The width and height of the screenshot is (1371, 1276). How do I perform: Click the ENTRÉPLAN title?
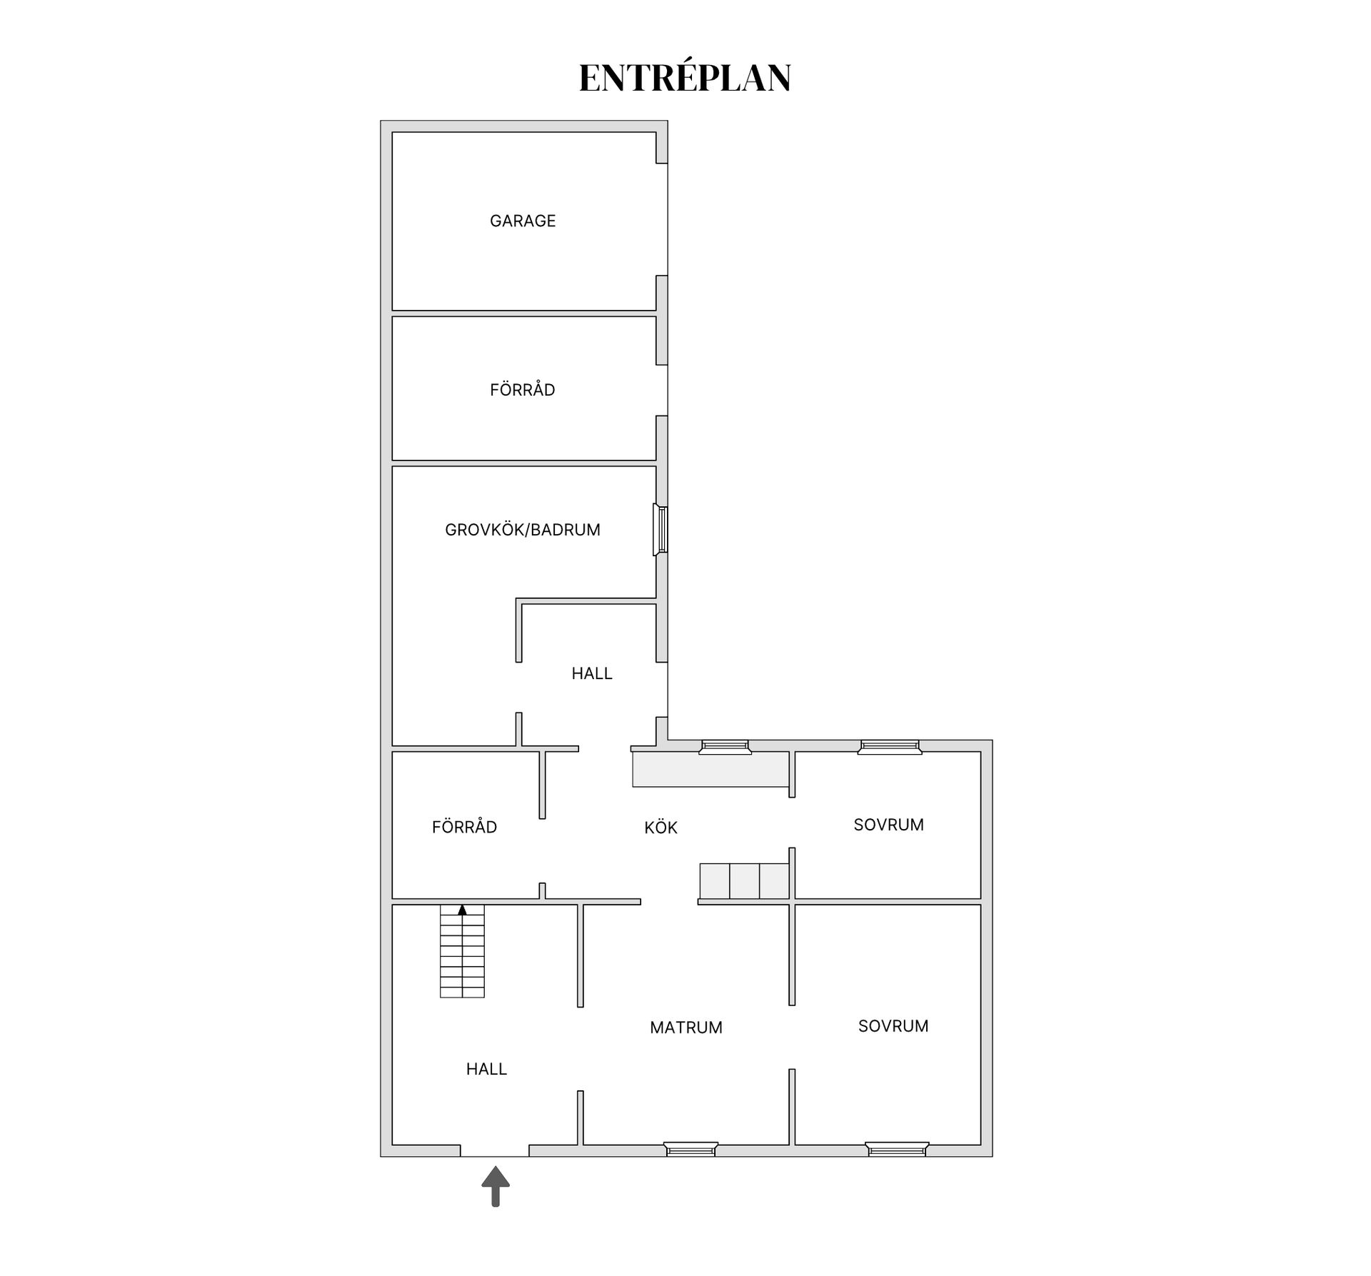685,78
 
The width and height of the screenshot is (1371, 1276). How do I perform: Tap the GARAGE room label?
523,221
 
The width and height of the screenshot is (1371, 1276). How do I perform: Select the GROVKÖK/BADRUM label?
523,530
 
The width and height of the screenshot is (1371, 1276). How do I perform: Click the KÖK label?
661,828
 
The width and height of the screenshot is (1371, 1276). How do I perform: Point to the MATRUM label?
686,1028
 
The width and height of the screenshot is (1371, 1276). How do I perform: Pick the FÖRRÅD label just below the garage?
523,389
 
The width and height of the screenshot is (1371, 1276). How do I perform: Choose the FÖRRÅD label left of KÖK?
464,826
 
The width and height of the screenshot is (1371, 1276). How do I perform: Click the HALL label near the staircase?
486,1069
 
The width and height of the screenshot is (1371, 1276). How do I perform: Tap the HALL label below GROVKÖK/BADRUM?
592,673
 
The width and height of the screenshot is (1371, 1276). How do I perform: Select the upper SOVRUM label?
889,825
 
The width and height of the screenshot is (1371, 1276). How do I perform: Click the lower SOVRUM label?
893,1026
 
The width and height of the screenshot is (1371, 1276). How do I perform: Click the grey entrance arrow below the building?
496,1187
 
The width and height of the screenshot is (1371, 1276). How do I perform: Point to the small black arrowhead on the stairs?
462,910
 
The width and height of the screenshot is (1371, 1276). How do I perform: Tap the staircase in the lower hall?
462,951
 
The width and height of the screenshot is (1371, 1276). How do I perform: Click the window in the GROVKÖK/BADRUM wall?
661,530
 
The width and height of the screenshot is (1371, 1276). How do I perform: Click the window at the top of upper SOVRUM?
890,747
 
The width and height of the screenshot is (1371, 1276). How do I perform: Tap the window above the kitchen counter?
725,747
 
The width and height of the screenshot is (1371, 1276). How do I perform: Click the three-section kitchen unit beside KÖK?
744,881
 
